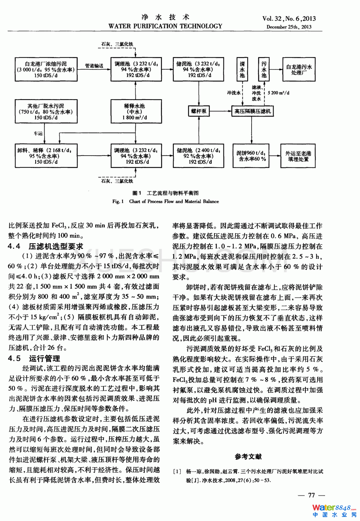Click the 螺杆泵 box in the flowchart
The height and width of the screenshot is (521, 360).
199,111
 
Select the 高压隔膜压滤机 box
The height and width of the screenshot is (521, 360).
253,111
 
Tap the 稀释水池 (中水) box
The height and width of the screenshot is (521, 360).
135,111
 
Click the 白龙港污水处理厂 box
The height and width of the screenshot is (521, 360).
299,69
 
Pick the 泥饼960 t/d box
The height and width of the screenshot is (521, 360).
251,156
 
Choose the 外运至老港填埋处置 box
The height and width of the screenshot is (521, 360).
298,156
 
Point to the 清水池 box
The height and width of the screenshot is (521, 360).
242,69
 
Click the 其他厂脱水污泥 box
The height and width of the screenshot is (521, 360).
46,111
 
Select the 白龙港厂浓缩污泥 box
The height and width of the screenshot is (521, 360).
46,69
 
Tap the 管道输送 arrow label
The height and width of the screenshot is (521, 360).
94,66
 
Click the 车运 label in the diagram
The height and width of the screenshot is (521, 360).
38,133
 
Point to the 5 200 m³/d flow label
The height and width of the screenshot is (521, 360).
278,93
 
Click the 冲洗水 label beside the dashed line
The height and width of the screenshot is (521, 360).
234,93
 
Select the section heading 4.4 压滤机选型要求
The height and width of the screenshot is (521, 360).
46,246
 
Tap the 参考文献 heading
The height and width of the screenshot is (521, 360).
248,457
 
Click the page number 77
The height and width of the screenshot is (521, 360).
311,495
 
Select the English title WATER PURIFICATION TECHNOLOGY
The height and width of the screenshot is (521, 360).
165,26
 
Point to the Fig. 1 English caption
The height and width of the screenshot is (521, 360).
166,201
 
